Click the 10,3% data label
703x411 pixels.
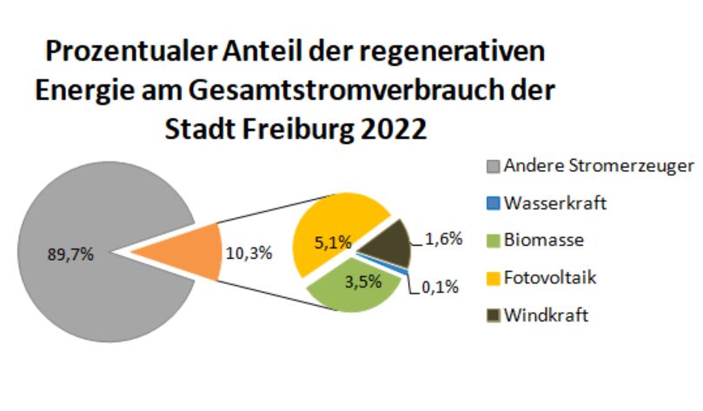(249, 254)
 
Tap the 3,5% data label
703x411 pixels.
(349, 282)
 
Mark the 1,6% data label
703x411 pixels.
(444, 237)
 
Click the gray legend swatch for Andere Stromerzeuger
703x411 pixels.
(492, 166)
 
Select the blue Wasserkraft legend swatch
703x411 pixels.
(492, 203)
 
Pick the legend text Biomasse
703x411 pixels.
(543, 241)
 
